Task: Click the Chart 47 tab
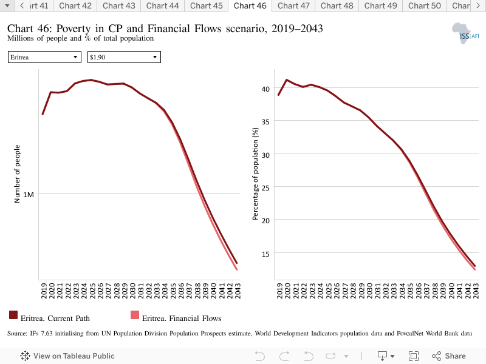pos(293,6)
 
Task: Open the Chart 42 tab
pos(75,6)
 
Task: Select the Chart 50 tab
pos(424,6)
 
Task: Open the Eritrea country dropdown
pos(44,57)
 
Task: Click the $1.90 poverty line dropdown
pos(124,57)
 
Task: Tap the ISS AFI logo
pos(465,33)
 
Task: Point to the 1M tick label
pos(29,195)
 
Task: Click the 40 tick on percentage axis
pos(265,89)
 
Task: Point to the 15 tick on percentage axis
pos(265,254)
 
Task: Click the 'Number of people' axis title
pos(17,174)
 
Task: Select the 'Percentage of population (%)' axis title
pos(255,174)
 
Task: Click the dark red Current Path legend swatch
pos(13,315)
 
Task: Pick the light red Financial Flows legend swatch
pos(135,315)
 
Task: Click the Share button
pos(448,356)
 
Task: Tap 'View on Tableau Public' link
pos(67,356)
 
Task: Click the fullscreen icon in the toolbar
pos(414,356)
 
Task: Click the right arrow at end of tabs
pos(478,5)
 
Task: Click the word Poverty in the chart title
pos(74,29)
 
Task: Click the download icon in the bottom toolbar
pos(383,356)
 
